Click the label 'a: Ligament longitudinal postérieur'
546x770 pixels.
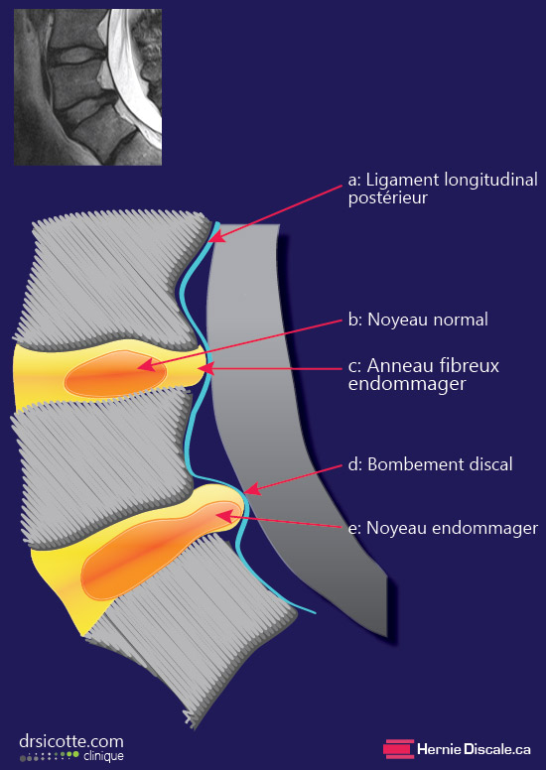pyautogui.click(x=443, y=189)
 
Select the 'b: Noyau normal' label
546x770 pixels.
pyautogui.click(x=418, y=320)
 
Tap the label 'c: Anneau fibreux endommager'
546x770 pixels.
pyautogui.click(x=424, y=375)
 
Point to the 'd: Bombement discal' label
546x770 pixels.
pyautogui.click(x=430, y=464)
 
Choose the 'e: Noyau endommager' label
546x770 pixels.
pyautogui.click(x=443, y=528)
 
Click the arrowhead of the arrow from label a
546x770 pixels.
pyautogui.click(x=215, y=237)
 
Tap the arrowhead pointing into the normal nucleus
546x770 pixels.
pyautogui.click(x=145, y=366)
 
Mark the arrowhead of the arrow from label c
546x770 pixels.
pyautogui.click(x=213, y=368)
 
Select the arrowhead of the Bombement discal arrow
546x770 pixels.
pyautogui.click(x=250, y=488)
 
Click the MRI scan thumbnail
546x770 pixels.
pyautogui.click(x=88, y=87)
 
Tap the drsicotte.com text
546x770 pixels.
pyautogui.click(x=71, y=740)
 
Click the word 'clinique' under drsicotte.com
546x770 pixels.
pyautogui.click(x=103, y=756)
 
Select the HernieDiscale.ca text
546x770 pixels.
pyautogui.click(x=474, y=749)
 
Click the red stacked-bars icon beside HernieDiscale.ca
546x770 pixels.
pyautogui.click(x=398, y=749)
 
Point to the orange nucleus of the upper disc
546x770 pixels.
pyautogui.click(x=115, y=374)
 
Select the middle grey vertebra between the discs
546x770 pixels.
pyautogui.click(x=102, y=466)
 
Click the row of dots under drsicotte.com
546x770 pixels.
pyautogui.click(x=50, y=756)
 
